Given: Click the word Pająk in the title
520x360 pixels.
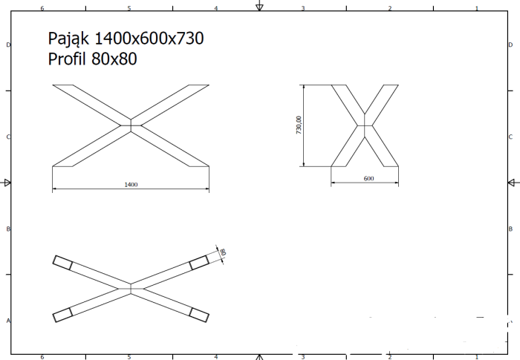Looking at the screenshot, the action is pos(68,39).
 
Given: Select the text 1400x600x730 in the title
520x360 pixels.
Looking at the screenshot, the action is pos(149,38).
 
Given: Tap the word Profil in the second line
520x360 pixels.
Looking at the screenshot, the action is pos(67,59).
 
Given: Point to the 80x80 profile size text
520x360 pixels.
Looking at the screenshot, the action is pos(114,59).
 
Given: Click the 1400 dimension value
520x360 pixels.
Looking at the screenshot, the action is pos(131,185).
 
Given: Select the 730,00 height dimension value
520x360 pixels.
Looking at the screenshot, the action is pos(299,125).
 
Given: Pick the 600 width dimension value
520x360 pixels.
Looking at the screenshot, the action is pos(368,178).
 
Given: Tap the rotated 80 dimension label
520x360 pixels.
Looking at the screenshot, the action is pos(223,252).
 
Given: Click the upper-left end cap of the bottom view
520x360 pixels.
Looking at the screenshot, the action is pos(62,263).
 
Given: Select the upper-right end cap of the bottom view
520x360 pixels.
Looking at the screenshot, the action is pos(199,263).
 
